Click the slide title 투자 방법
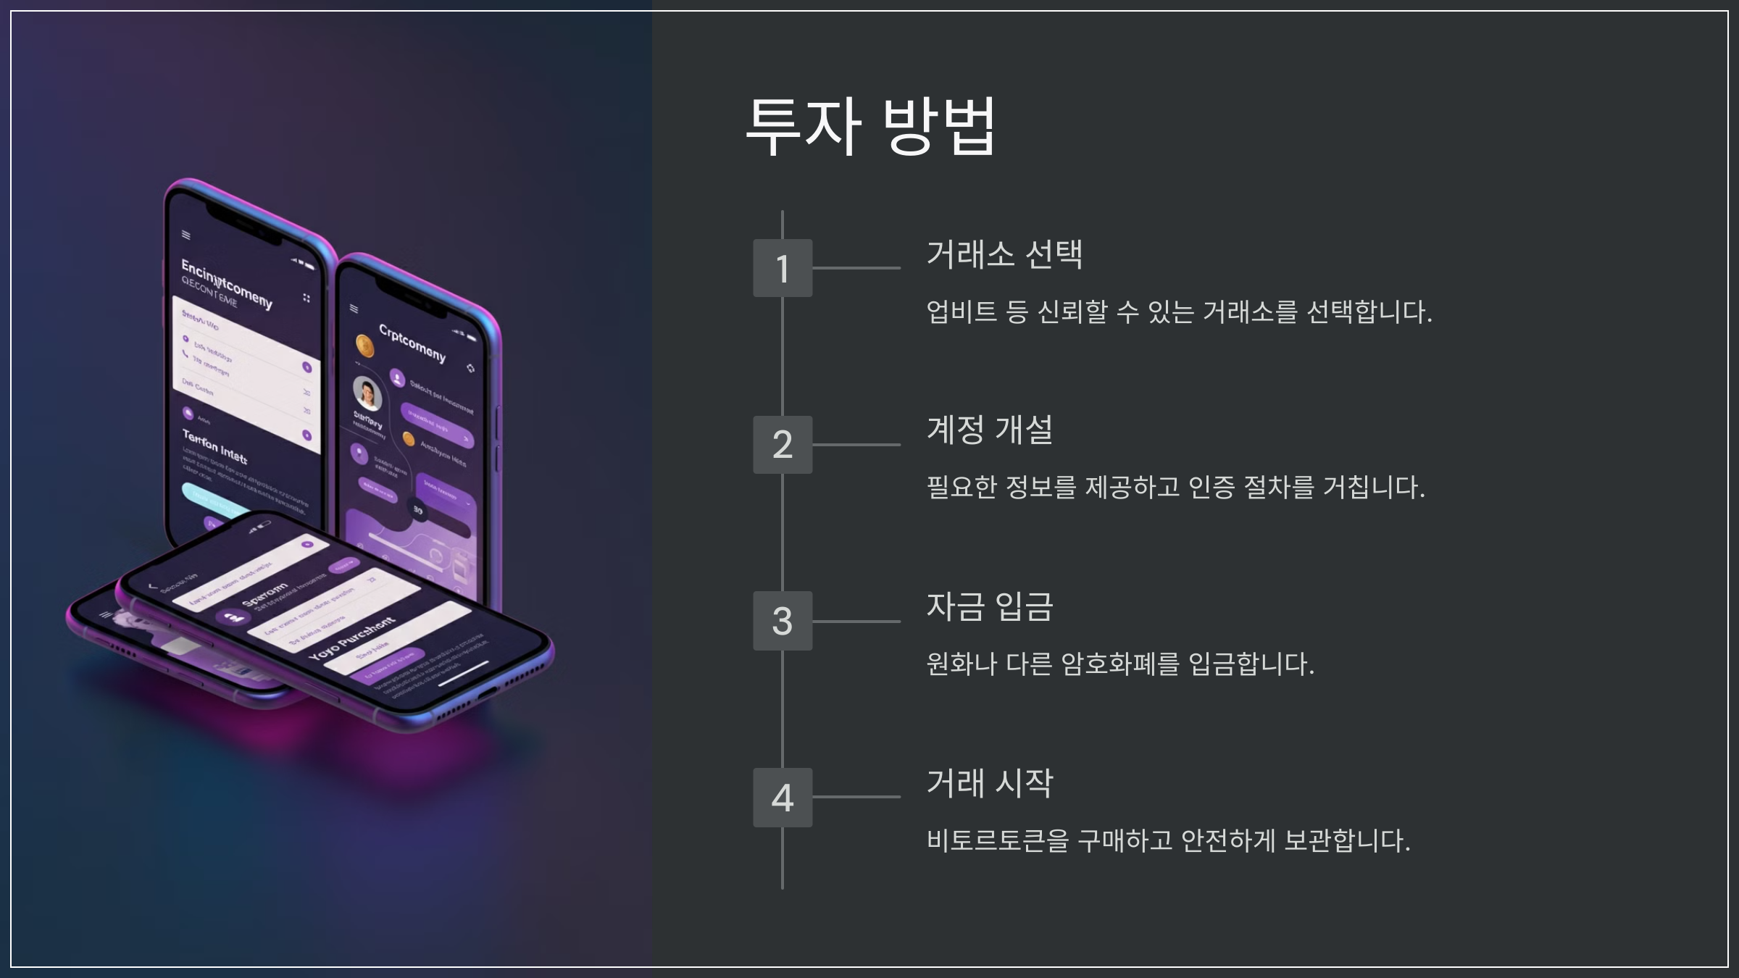pyautogui.click(x=870, y=126)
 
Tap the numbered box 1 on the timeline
pyautogui.click(x=783, y=268)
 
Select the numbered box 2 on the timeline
pyautogui.click(x=783, y=444)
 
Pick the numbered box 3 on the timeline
pyautogui.click(x=783, y=621)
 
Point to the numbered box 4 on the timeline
pyautogui.click(x=783, y=797)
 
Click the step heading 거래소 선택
pyautogui.click(x=1004, y=254)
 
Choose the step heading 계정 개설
pyautogui.click(x=990, y=430)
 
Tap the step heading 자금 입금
pyautogui.click(x=990, y=606)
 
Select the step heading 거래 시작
pyautogui.click(x=990, y=783)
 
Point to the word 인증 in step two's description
pyautogui.click(x=1212, y=487)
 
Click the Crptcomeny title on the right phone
pyautogui.click(x=412, y=343)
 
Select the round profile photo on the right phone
pyautogui.click(x=367, y=393)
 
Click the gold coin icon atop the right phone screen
pyautogui.click(x=365, y=347)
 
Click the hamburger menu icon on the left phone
pyautogui.click(x=186, y=235)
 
